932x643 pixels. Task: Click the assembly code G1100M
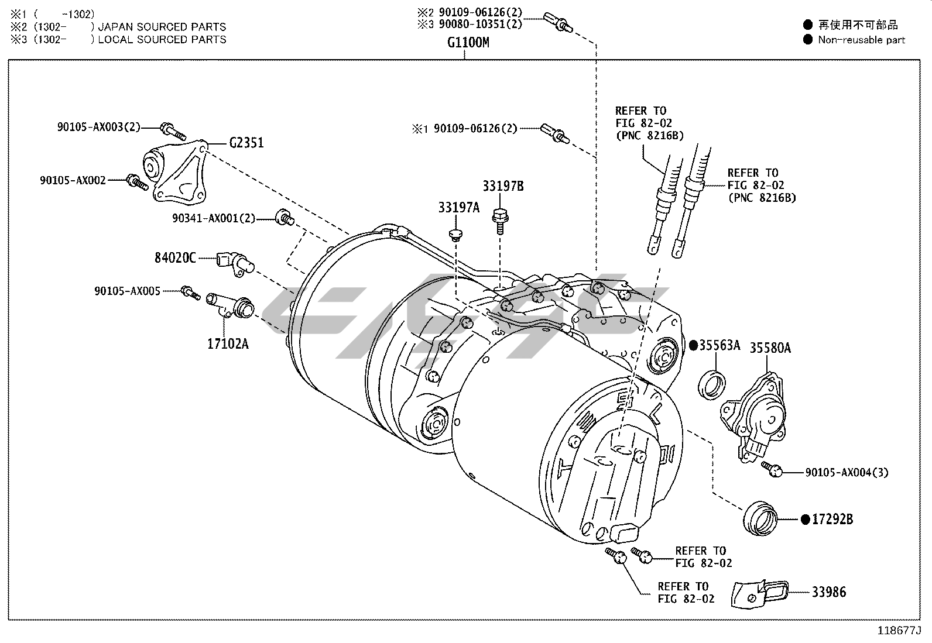click(x=468, y=42)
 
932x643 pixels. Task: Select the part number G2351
click(x=246, y=143)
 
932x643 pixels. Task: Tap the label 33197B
click(x=503, y=187)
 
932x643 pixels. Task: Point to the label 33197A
click(x=458, y=207)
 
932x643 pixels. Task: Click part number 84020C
click(x=175, y=257)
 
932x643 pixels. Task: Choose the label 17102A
click(x=228, y=343)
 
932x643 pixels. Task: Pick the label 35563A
click(x=719, y=345)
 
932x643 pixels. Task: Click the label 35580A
click(x=770, y=348)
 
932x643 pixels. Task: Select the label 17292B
click(x=832, y=519)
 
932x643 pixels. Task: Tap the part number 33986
click(x=828, y=592)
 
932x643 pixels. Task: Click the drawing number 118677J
click(x=899, y=631)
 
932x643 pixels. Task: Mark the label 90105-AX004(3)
click(x=847, y=472)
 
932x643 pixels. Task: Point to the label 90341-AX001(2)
click(x=214, y=218)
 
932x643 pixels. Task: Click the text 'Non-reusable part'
click(x=861, y=40)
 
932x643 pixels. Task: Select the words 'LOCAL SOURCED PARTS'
click(x=162, y=40)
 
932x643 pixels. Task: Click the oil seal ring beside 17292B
click(x=760, y=518)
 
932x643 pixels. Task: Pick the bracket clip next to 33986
click(x=759, y=593)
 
